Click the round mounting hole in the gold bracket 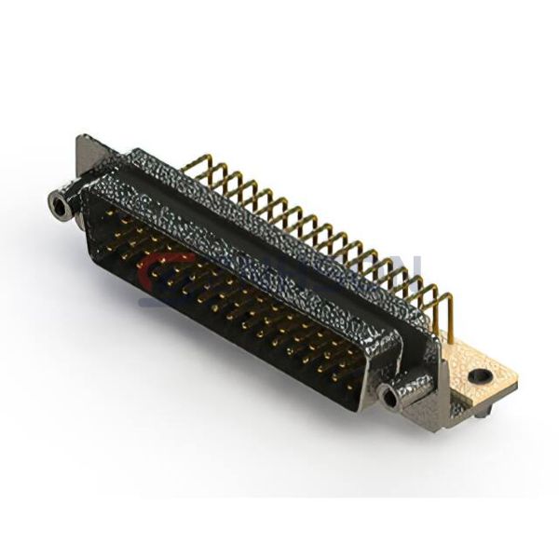(x=480, y=376)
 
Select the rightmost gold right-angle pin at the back (x=447, y=307)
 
